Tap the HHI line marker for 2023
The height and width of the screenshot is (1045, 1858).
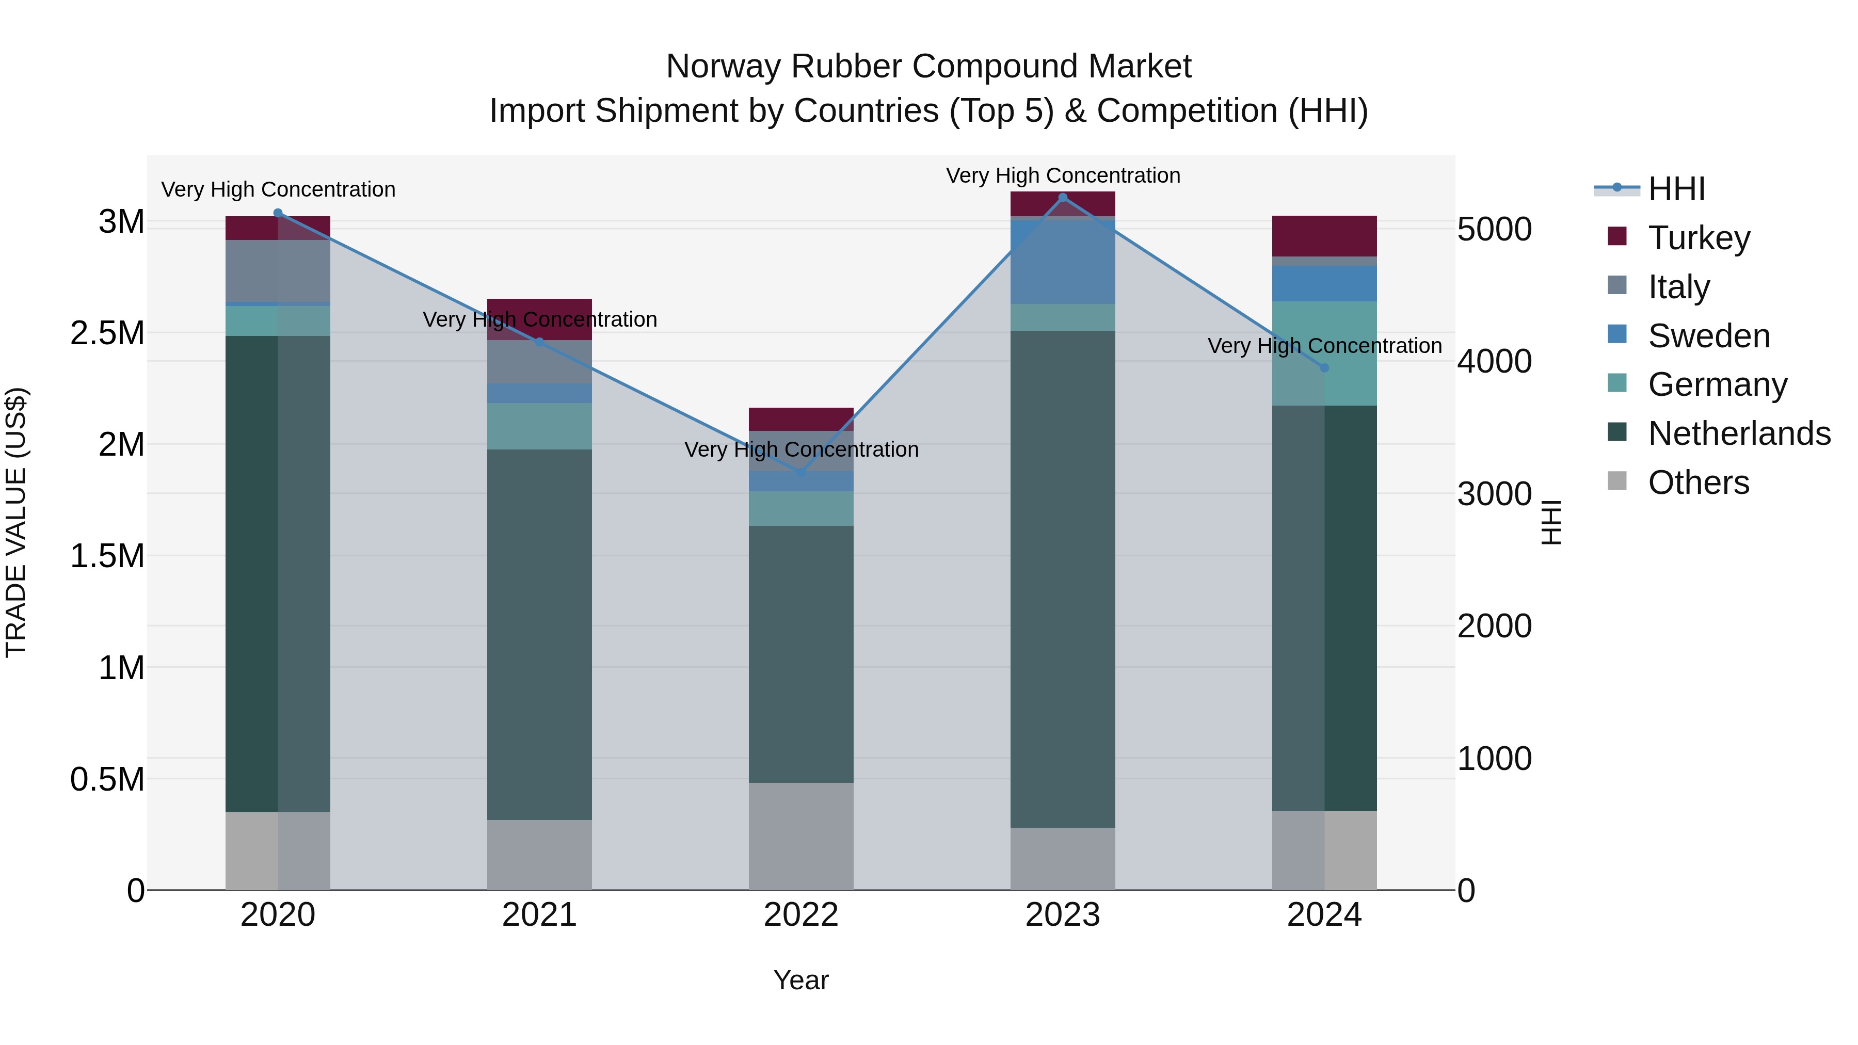1063,198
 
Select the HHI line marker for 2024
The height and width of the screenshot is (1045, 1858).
1324,368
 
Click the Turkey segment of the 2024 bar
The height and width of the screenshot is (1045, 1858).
1324,236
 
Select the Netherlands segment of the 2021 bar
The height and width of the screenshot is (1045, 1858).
539,635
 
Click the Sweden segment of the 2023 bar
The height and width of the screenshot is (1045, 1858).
1063,261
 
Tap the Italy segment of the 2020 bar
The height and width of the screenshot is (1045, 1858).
278,270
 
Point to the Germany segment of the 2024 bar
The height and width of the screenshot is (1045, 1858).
1324,353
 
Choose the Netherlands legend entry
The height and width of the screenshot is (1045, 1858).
1738,433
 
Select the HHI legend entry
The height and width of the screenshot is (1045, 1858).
1675,189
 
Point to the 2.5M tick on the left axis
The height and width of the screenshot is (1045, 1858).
107,333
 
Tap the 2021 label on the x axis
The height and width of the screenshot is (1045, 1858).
539,915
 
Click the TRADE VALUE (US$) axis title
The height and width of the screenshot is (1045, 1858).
16,522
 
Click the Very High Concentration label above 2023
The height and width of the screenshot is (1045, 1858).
1063,175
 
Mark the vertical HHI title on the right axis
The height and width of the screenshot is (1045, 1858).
1551,522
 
